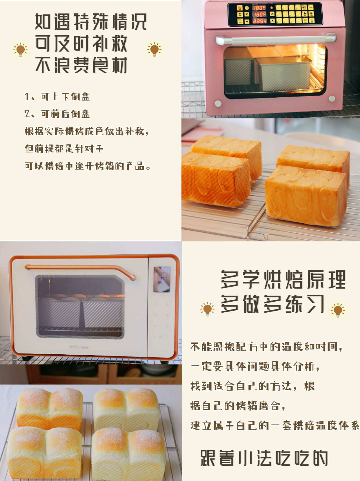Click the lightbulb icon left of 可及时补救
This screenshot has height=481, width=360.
pos(20,50)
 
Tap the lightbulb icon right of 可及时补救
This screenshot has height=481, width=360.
pos(154,50)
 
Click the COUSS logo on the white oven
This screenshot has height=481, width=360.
pos(79,347)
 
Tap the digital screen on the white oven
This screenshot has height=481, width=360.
pos(162,279)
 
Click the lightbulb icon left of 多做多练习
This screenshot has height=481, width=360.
pos(207,309)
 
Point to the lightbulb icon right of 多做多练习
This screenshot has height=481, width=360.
pos(338,310)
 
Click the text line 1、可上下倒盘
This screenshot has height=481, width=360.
pos(57,96)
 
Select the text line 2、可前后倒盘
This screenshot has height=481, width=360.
pos(57,114)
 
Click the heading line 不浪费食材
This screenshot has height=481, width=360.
pos(81,65)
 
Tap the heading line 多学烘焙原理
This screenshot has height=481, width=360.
pos(283,280)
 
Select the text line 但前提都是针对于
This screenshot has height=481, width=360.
pos(64,149)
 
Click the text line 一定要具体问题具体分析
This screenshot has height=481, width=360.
pos(255,367)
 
